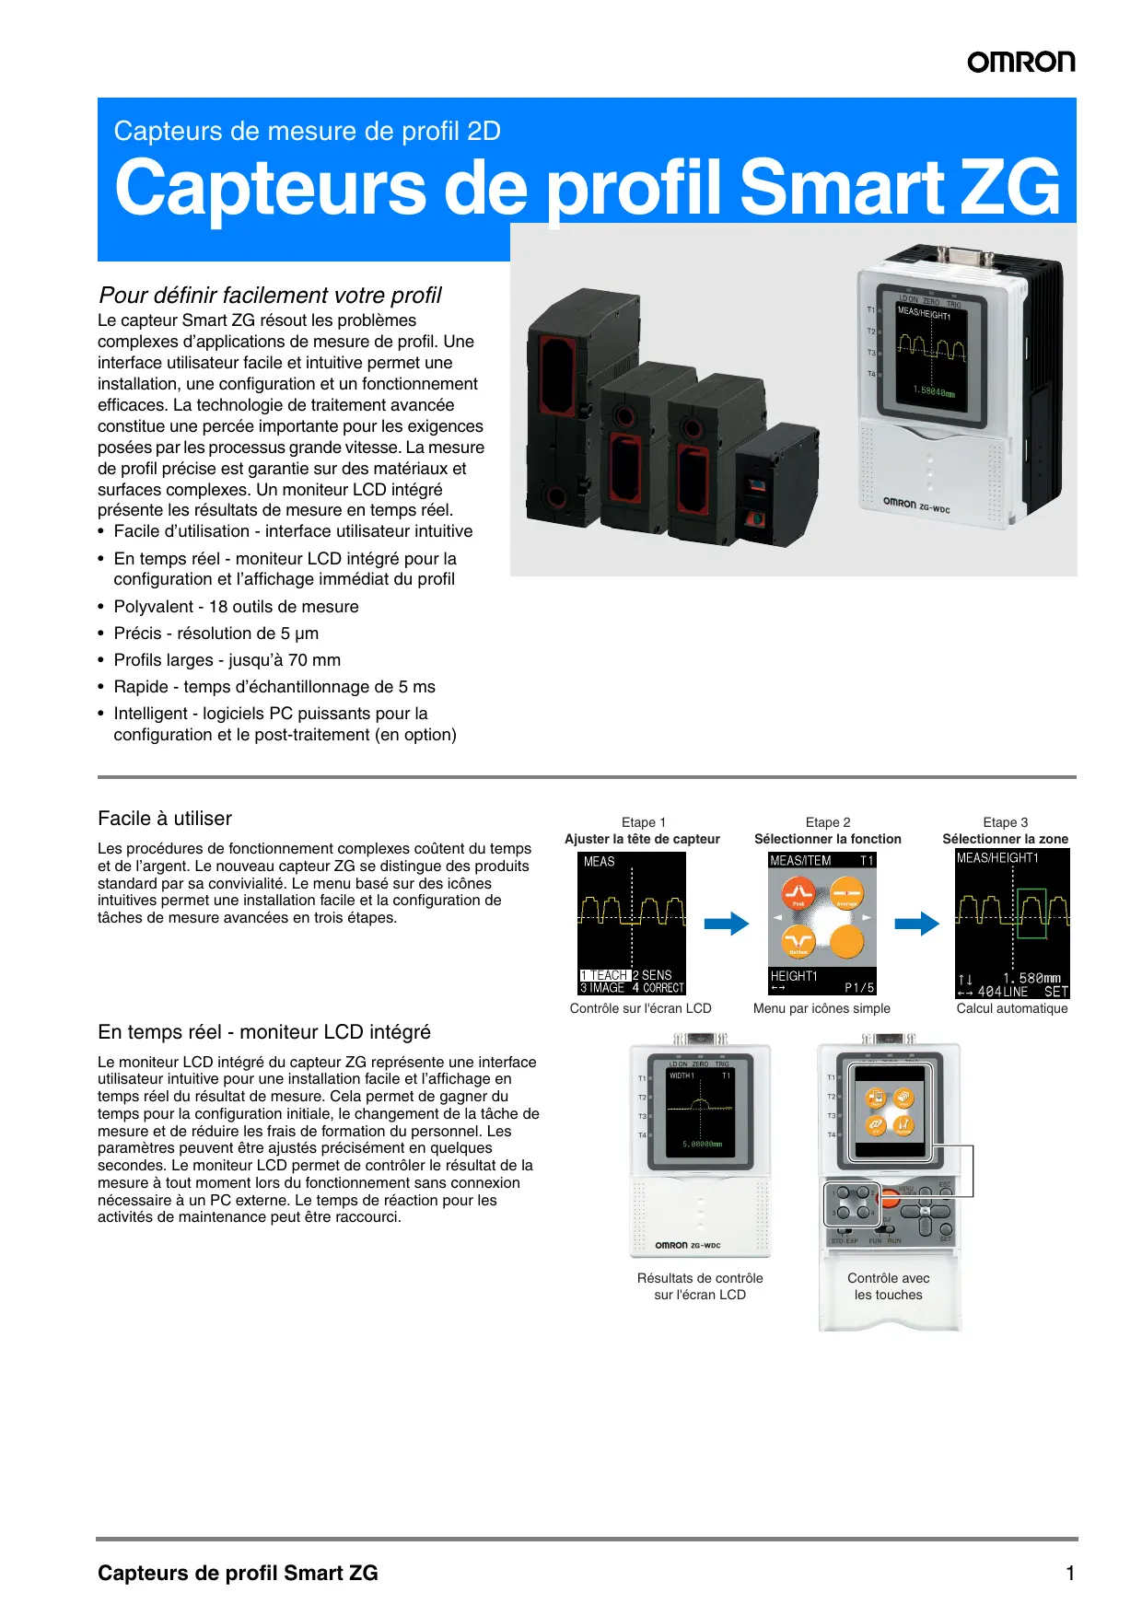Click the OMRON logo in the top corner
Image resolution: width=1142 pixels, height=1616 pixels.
click(1020, 62)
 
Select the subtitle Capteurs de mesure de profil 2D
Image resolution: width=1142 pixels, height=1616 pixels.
click(307, 131)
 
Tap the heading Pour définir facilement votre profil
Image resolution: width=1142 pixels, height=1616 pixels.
click(270, 295)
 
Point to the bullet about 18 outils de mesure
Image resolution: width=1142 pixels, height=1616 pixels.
click(236, 607)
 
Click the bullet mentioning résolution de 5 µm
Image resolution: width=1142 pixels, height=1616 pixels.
click(216, 634)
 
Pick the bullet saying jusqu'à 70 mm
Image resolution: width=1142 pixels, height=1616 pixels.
click(227, 660)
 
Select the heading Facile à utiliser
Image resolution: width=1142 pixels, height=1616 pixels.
click(165, 819)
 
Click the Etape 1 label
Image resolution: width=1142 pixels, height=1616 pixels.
click(643, 822)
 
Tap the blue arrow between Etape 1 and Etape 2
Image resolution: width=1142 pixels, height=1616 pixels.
click(727, 924)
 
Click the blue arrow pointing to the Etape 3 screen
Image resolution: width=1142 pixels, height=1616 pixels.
click(916, 924)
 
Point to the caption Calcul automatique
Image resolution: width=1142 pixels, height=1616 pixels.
click(1011, 1008)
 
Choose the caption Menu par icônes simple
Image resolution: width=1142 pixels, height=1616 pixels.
click(822, 1008)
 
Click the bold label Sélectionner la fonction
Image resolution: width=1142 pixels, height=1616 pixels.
click(827, 839)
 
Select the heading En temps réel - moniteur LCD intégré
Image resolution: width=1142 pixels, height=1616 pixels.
click(264, 1032)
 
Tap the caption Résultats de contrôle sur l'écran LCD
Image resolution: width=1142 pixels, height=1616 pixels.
click(700, 1286)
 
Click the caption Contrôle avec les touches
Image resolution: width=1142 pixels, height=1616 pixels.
click(888, 1286)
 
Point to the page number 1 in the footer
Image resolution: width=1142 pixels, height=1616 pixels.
click(1070, 1573)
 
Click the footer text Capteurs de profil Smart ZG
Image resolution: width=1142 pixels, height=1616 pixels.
click(238, 1573)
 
